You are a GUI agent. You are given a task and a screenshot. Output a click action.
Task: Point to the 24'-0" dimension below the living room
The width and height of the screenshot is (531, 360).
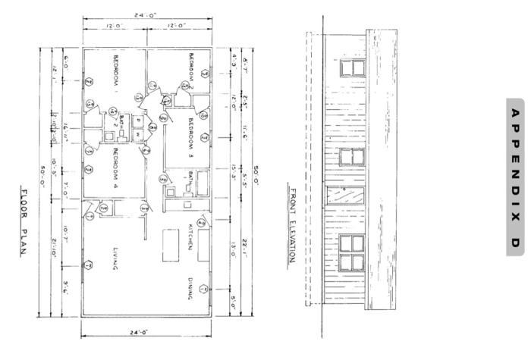(144, 332)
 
